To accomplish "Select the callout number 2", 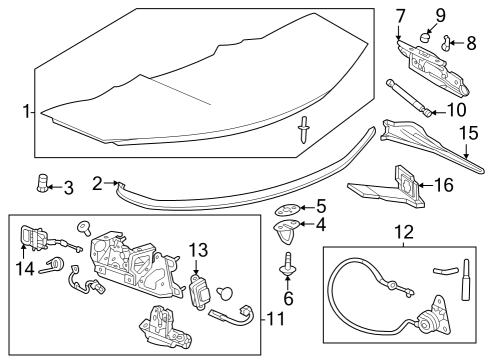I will coord(97,182).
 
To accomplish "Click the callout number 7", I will coord(400,16).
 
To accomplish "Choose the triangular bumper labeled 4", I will coord(286,232).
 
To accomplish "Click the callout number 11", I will coord(276,319).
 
